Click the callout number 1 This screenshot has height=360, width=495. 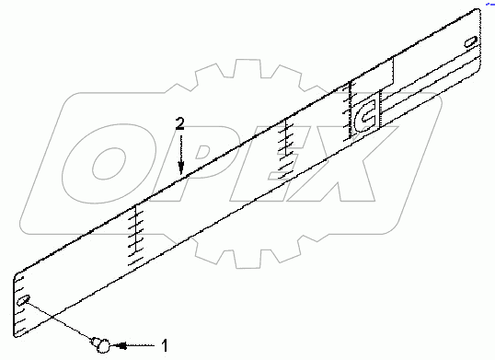pos(164,345)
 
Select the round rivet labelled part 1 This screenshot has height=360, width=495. pos(101,345)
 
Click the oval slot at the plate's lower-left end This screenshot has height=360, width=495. pos(27,299)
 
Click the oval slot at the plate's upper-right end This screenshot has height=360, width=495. pos(470,42)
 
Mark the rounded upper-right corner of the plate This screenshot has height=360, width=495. pos(481,13)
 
